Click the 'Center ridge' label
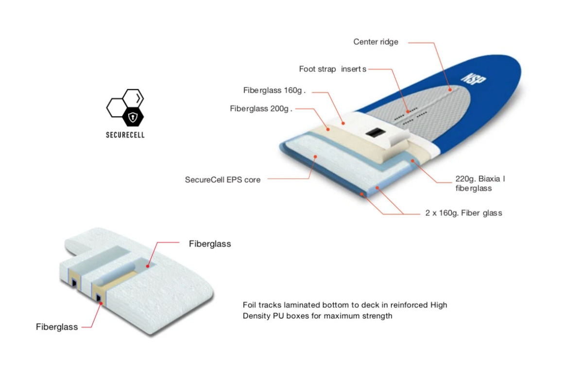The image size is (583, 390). click(376, 42)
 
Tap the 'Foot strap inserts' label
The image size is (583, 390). click(333, 69)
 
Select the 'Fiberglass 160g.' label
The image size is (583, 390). click(274, 90)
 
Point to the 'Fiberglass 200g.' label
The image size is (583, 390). click(261, 108)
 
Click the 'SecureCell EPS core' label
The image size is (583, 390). click(223, 180)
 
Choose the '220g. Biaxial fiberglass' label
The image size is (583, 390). click(480, 183)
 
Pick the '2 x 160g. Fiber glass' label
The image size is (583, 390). click(463, 213)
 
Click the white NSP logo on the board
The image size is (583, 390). click(473, 79)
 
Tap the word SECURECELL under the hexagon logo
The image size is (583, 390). click(125, 135)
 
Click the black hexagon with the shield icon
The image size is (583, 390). click(133, 117)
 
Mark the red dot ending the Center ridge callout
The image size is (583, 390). click(450, 90)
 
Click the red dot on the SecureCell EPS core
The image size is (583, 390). click(315, 157)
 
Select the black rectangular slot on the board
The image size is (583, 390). click(375, 133)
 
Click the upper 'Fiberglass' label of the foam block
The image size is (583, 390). click(210, 244)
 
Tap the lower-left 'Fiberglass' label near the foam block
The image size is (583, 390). click(57, 327)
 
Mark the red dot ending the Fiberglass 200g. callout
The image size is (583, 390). click(328, 129)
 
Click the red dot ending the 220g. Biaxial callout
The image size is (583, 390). click(412, 161)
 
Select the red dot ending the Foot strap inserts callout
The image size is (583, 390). click(408, 111)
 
